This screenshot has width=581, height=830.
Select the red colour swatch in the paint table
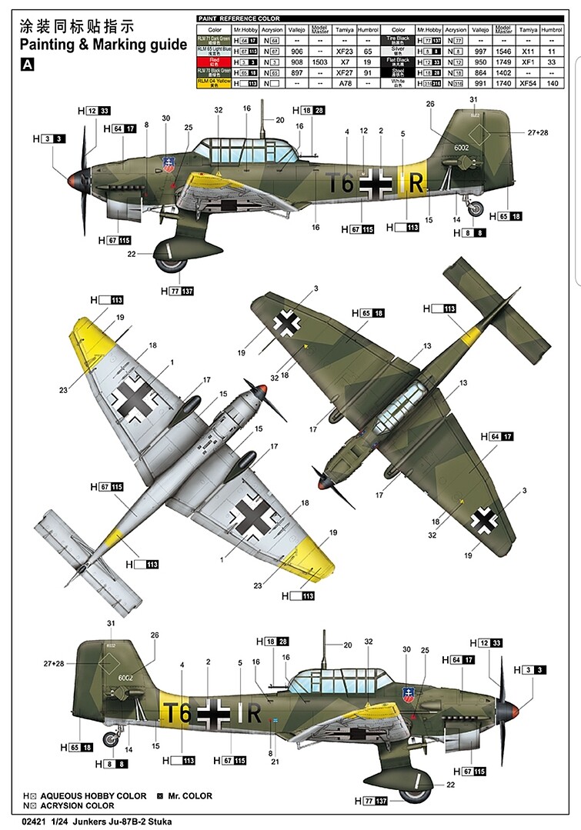point(213,61)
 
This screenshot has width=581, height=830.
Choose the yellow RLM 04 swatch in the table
point(213,82)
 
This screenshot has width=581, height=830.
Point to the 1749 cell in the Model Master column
point(503,61)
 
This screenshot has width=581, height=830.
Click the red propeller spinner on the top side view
point(73,180)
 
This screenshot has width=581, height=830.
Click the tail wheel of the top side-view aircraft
point(477,206)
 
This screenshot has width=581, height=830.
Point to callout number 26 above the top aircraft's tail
point(429,104)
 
